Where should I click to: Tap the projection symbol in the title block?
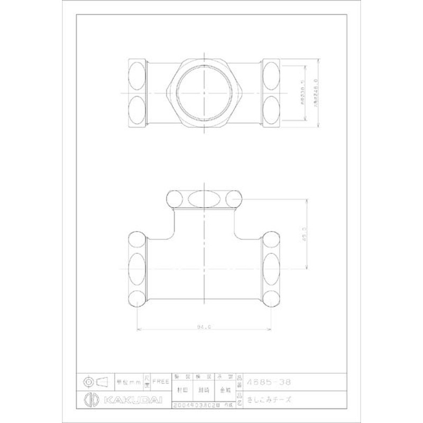click(95, 381)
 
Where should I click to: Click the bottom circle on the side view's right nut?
click(271, 296)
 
